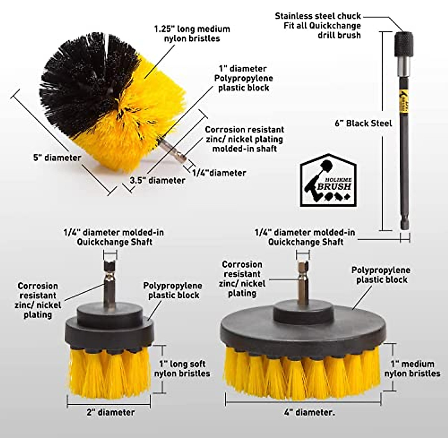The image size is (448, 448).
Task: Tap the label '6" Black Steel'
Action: (x=363, y=123)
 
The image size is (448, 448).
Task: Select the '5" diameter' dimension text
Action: (x=57, y=158)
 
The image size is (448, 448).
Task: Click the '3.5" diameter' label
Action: (x=157, y=180)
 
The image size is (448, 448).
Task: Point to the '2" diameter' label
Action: (x=111, y=412)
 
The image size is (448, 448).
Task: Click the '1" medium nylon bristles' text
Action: (x=412, y=368)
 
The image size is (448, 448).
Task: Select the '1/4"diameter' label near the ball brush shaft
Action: (x=219, y=173)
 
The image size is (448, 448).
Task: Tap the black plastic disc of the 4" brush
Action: (x=302, y=329)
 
